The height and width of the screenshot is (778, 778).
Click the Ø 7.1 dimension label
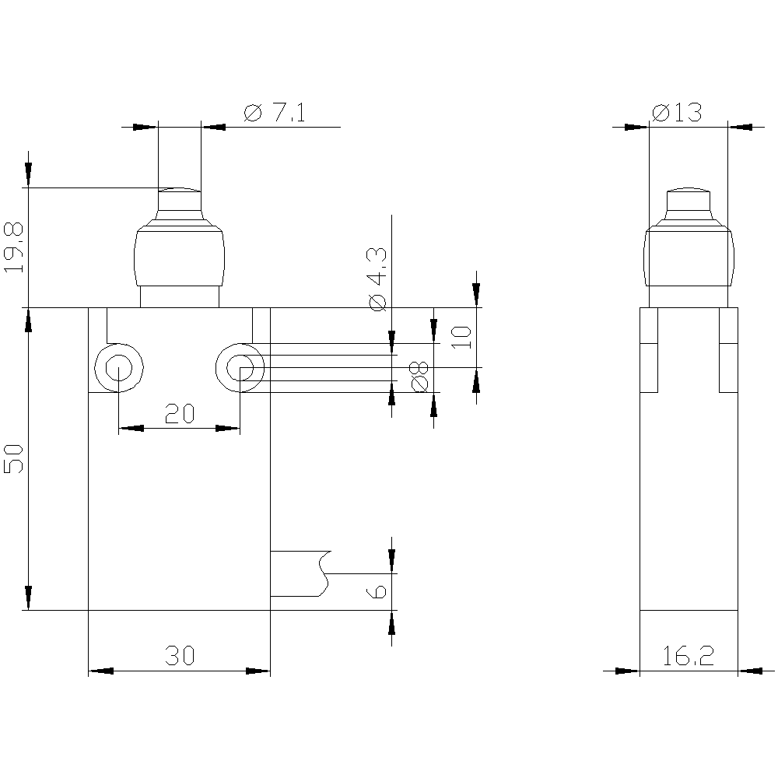275,113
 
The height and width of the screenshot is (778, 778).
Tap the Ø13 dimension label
677,113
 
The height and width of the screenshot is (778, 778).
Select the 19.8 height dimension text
13,247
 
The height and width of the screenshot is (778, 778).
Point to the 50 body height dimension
13,458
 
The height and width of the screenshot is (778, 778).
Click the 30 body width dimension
180,655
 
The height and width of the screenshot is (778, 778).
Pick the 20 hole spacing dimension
180,413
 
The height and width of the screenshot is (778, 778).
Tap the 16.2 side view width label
689,655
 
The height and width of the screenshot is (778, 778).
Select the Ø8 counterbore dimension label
419,377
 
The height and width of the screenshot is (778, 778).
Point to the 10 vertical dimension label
462,338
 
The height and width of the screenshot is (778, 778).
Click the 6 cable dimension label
377,591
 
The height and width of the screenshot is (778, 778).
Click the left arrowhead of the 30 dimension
100,671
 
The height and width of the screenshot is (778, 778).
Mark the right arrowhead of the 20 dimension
228,428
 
